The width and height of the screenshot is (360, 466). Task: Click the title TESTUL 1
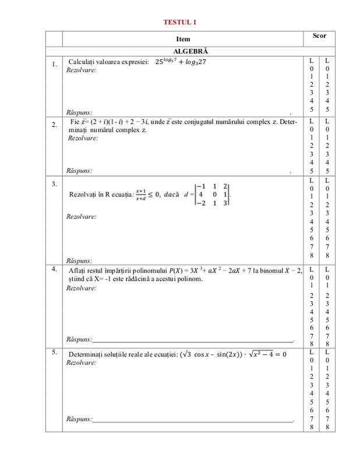[179, 22]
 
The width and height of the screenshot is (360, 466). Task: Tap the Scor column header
[319, 36]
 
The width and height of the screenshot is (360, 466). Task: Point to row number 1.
[54, 64]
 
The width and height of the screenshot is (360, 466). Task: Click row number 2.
[54, 125]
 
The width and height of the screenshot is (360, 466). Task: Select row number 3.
[54, 184]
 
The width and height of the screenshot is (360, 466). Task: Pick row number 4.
[54, 269]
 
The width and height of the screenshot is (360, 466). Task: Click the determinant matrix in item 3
[213, 193]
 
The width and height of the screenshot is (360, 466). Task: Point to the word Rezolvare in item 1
[82, 70]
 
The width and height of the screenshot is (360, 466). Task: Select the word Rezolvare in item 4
[82, 288]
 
